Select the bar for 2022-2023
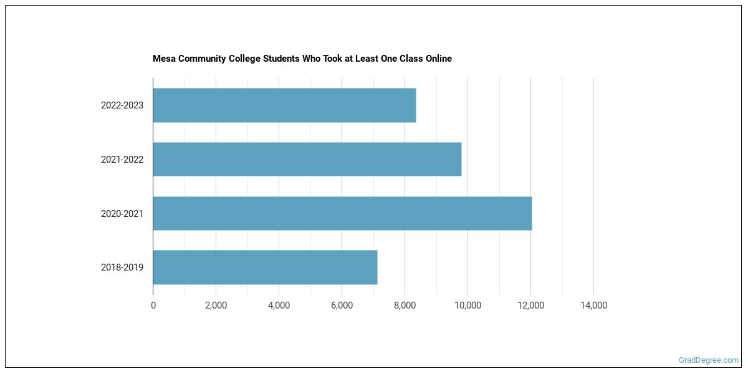coord(284,105)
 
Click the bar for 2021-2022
coord(307,160)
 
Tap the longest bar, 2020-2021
coord(342,213)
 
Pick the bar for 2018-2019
coord(265,267)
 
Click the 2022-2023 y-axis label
coord(122,105)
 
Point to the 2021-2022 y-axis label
coord(122,160)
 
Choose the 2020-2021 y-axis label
coord(122,214)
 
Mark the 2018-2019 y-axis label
coord(122,268)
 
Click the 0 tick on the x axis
coord(153,305)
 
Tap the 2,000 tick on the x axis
coord(216,305)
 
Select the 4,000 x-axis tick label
coord(279,305)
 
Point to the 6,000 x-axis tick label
coord(342,305)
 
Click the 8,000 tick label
coord(405,305)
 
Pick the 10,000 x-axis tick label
coord(467,305)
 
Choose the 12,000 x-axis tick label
coord(530,305)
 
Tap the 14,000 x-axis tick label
coord(593,305)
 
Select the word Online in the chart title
coord(438,59)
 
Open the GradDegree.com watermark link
coord(709,360)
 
